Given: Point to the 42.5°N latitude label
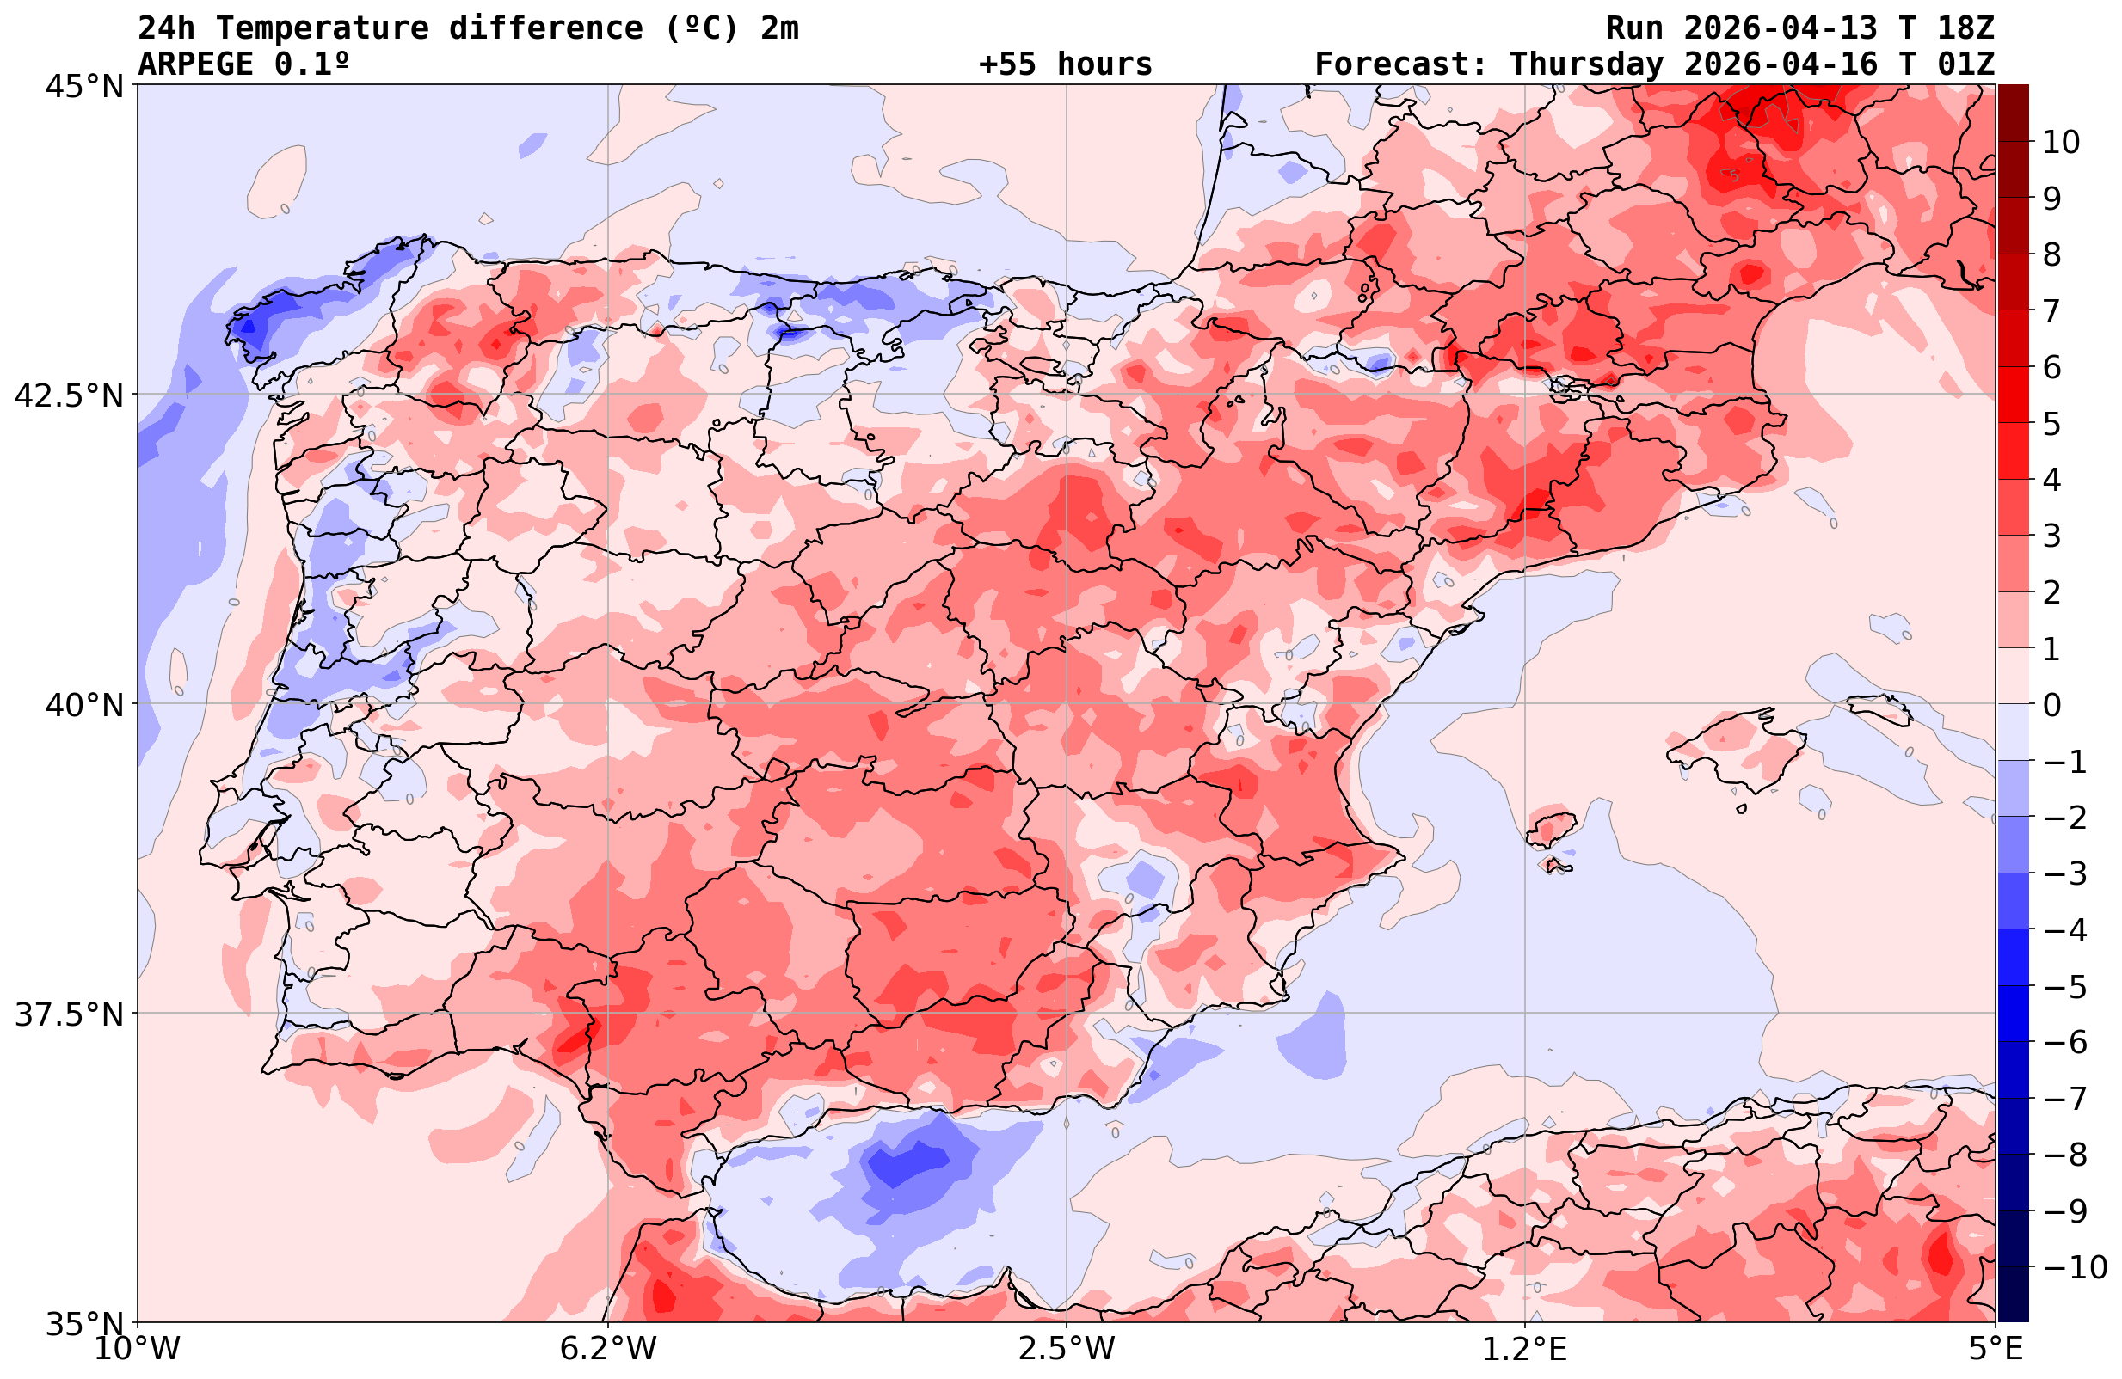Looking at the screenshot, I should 69,395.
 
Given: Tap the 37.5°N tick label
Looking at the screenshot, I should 69,1014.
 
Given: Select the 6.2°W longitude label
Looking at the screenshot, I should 608,1349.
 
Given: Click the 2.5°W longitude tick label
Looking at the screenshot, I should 1067,1349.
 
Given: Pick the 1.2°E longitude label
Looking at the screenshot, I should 1525,1349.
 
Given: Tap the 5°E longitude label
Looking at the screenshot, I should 1996,1349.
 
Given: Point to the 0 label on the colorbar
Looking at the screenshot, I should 2051,705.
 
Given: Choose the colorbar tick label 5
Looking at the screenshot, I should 2051,424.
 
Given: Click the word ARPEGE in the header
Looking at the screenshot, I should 196,64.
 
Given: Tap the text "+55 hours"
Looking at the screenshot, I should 1066,64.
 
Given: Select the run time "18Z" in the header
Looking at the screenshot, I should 1965,28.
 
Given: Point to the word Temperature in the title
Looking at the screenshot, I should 331,28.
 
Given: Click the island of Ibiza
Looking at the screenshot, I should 1552,828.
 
